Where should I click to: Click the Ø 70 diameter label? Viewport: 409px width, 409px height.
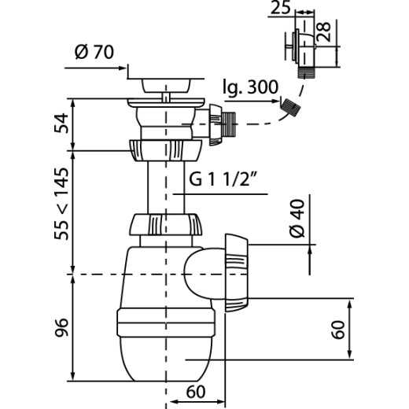[x=94, y=52]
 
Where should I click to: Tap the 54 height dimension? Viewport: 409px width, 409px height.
[x=61, y=123]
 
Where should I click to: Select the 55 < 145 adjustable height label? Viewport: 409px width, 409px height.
[x=61, y=204]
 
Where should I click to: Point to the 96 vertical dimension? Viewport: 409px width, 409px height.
[x=61, y=327]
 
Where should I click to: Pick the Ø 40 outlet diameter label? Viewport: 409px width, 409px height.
[x=297, y=219]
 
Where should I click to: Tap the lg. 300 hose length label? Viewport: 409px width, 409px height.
[x=250, y=87]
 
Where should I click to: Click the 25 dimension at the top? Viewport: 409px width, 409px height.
[x=281, y=7]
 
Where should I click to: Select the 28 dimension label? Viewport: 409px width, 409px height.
[x=323, y=31]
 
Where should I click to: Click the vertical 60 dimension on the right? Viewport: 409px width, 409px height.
[x=338, y=330]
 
